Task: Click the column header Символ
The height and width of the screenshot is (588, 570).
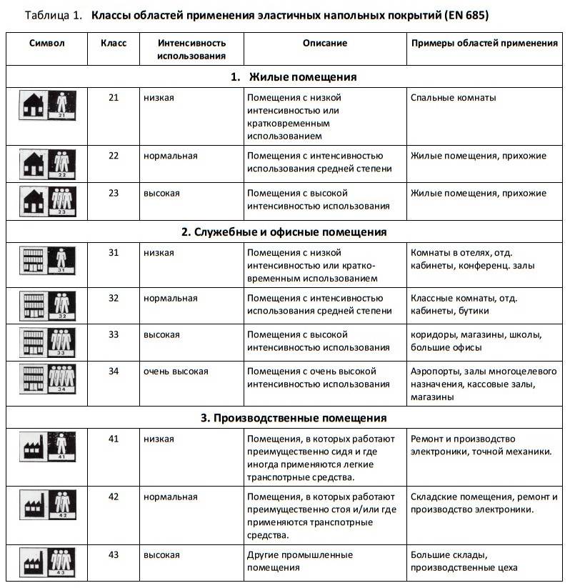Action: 47,43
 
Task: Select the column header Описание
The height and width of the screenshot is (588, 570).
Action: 324,43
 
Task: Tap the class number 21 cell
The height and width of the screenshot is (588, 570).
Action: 114,97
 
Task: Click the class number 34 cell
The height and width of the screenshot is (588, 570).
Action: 114,372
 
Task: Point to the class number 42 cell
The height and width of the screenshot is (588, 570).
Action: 114,497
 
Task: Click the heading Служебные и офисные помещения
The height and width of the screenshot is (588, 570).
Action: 284,232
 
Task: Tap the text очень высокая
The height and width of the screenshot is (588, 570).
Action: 176,372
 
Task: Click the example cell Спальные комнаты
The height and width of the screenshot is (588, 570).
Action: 453,97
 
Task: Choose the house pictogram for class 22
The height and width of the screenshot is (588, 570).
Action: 34,164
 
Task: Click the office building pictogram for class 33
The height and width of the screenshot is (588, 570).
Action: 34,343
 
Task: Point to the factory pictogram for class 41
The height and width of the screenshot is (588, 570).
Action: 34,447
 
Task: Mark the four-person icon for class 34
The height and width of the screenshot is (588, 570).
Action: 62,379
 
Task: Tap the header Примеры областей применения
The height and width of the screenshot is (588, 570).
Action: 484,43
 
